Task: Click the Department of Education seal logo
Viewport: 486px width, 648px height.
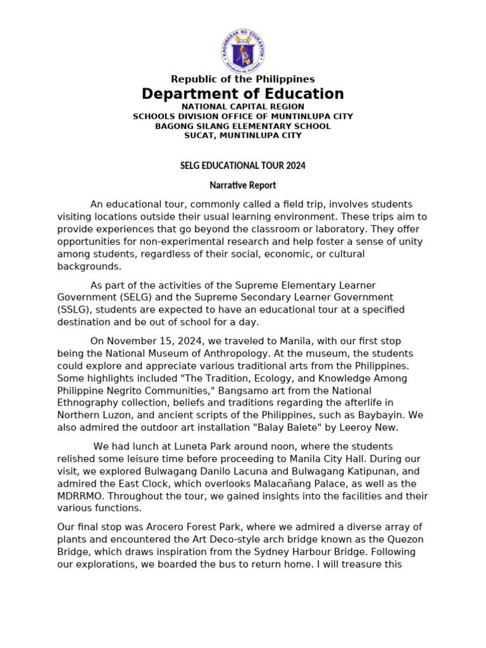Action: tap(243, 50)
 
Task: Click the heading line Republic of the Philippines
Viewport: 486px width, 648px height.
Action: tap(243, 79)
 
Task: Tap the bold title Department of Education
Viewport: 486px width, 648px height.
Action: tap(243, 94)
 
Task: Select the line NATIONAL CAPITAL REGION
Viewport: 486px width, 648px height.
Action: tap(243, 107)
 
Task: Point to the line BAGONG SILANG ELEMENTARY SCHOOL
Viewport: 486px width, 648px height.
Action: tap(243, 126)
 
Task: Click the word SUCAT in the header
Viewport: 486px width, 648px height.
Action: tap(199, 135)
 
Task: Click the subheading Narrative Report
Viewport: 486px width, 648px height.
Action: tap(243, 185)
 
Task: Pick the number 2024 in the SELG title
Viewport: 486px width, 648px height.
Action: tap(295, 165)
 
